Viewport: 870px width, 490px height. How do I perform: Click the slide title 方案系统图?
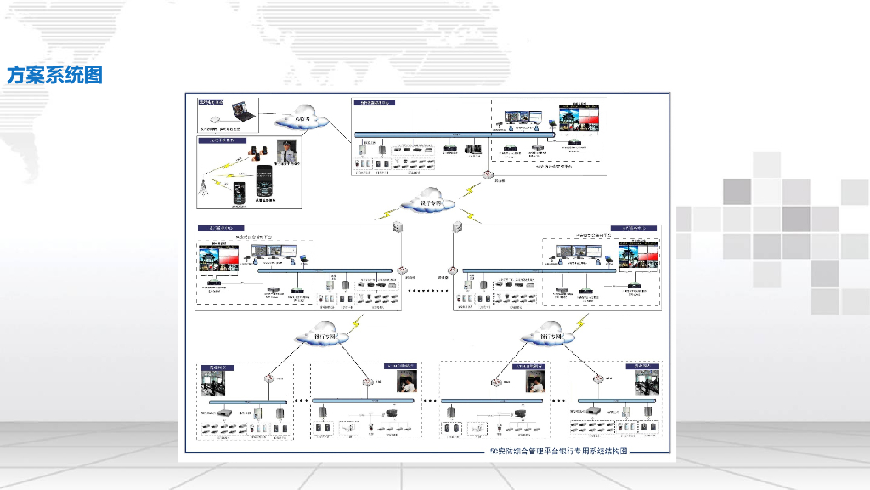[x=55, y=76]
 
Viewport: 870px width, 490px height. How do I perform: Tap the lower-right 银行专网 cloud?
[x=547, y=333]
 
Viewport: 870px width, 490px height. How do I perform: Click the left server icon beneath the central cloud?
[x=397, y=228]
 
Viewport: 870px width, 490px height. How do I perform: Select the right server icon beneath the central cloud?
[x=457, y=228]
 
